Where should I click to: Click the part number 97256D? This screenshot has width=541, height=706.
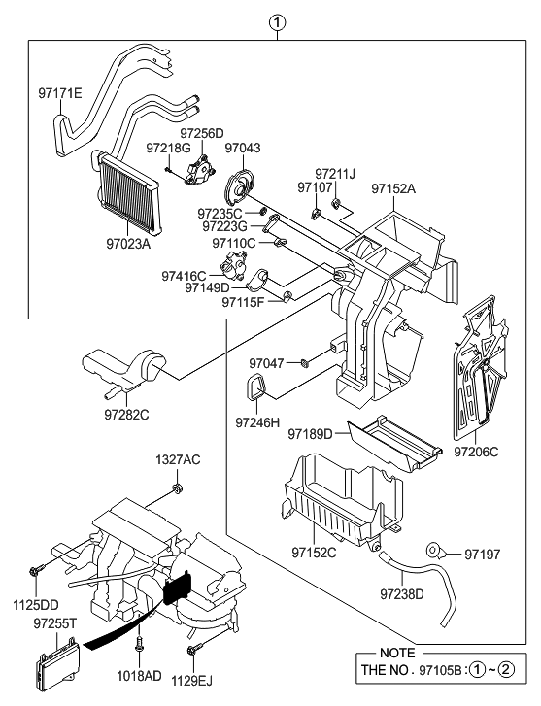pos(201,133)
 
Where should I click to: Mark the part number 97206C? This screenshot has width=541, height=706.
pos(475,451)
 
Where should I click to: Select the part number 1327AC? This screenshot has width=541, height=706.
pos(179,458)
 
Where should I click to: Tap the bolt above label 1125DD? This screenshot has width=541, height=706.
pos(37,569)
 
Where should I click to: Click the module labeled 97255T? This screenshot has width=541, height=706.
pos(56,666)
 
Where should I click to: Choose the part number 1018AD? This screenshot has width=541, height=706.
pos(142,676)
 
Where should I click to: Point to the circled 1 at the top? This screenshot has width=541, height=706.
pos(279,21)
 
